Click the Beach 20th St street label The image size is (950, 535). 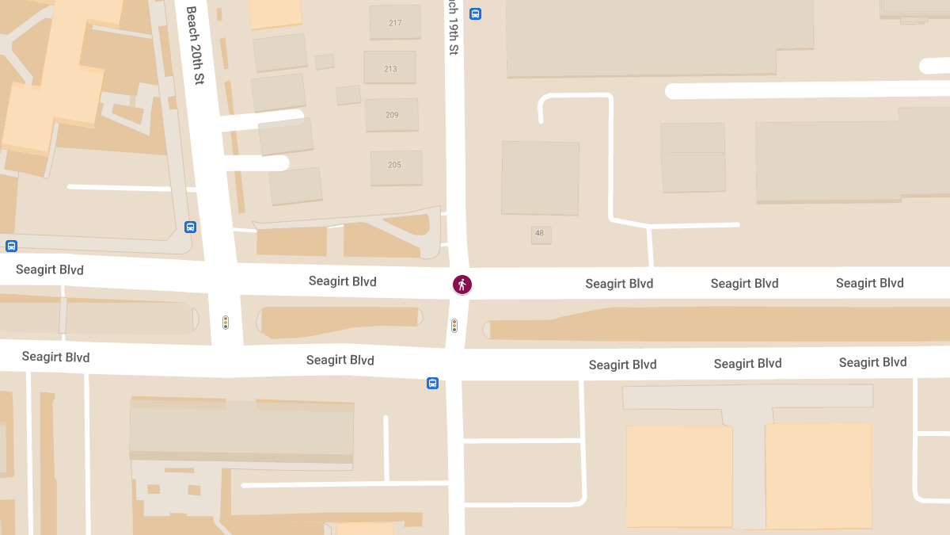pos(195,46)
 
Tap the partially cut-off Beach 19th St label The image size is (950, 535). pos(453,28)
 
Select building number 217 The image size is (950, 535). pos(395,23)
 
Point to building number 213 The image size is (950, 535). pos(390,69)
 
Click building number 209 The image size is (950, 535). pos(392,115)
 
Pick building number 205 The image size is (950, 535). pos(394,165)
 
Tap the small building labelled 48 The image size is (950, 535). pos(540,233)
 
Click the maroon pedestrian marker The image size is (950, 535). pos(462,285)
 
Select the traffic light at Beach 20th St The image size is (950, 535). pos(226,323)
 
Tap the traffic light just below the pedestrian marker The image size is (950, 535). pos(454,325)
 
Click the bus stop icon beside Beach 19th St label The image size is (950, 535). pos(475,13)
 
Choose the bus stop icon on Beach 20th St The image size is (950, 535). pos(190,227)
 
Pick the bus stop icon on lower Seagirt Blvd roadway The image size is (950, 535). pos(432,383)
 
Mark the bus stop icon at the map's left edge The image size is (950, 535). pos(11,246)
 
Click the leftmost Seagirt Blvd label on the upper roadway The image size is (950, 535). pos(49,270)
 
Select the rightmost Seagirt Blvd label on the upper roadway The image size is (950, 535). pos(869,283)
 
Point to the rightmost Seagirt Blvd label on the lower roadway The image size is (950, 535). pos(872,362)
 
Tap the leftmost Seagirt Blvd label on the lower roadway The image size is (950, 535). pos(55,357)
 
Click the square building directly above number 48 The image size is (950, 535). pos(540,178)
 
